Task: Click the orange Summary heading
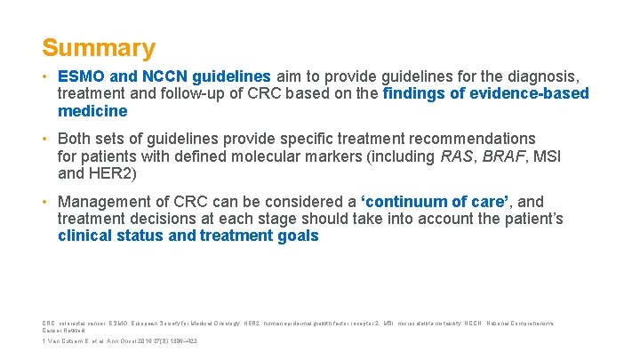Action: click(x=98, y=47)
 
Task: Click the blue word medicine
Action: click(x=92, y=111)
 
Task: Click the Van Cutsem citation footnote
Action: click(x=120, y=341)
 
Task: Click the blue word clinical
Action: click(x=88, y=236)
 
